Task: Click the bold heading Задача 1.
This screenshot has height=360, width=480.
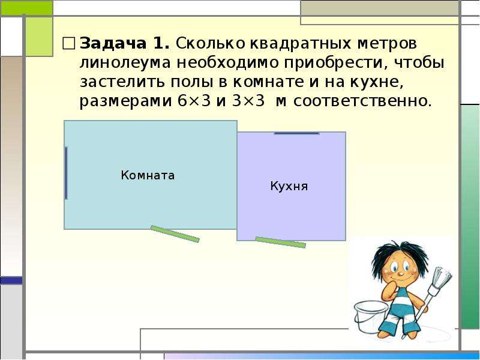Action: coord(125,43)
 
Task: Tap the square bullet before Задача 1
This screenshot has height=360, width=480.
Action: coord(68,43)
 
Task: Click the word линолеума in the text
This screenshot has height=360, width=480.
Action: coord(125,63)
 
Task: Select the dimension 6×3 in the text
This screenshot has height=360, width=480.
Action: coord(194,101)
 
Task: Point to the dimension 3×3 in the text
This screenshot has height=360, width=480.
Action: coord(248,101)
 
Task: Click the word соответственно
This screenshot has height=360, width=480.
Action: coord(362,101)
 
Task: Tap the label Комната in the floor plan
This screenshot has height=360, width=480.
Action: coord(148,175)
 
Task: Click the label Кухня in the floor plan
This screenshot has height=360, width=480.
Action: coord(289,186)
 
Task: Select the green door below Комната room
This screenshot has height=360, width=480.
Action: coord(175,234)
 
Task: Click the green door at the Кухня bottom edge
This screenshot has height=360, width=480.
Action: coord(280,242)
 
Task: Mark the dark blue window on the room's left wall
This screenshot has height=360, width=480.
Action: coord(66,173)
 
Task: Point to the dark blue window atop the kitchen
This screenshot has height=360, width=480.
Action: coord(296,133)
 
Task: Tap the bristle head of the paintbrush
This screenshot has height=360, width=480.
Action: coord(442,276)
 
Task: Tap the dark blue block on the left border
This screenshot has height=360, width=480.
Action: coord(11,280)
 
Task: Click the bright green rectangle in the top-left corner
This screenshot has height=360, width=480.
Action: coord(26,8)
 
